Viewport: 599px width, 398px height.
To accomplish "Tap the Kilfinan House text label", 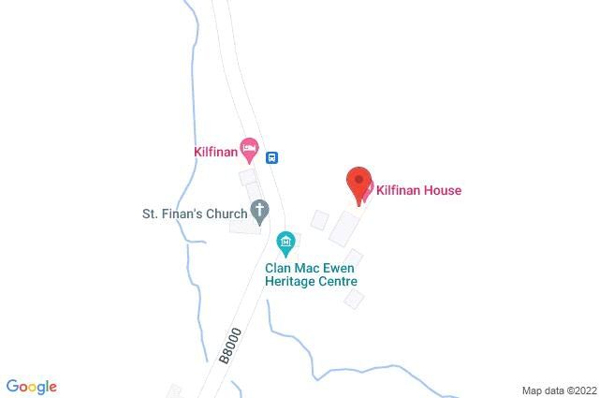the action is pyautogui.click(x=418, y=191).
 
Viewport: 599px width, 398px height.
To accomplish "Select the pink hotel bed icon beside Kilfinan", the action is pyautogui.click(x=249, y=148).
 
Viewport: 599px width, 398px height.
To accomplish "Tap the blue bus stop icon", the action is pyautogui.click(x=272, y=157).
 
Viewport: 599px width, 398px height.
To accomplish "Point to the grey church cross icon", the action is pyautogui.click(x=259, y=212).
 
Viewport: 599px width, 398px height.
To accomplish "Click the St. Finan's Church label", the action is pyautogui.click(x=187, y=213).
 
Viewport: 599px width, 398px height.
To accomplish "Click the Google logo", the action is pyautogui.click(x=31, y=387).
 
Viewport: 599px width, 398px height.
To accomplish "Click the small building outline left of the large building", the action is pyautogui.click(x=320, y=220).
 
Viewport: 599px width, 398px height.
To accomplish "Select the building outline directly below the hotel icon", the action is pyautogui.click(x=248, y=177).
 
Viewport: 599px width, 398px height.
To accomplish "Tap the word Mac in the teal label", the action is pyautogui.click(x=305, y=265).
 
